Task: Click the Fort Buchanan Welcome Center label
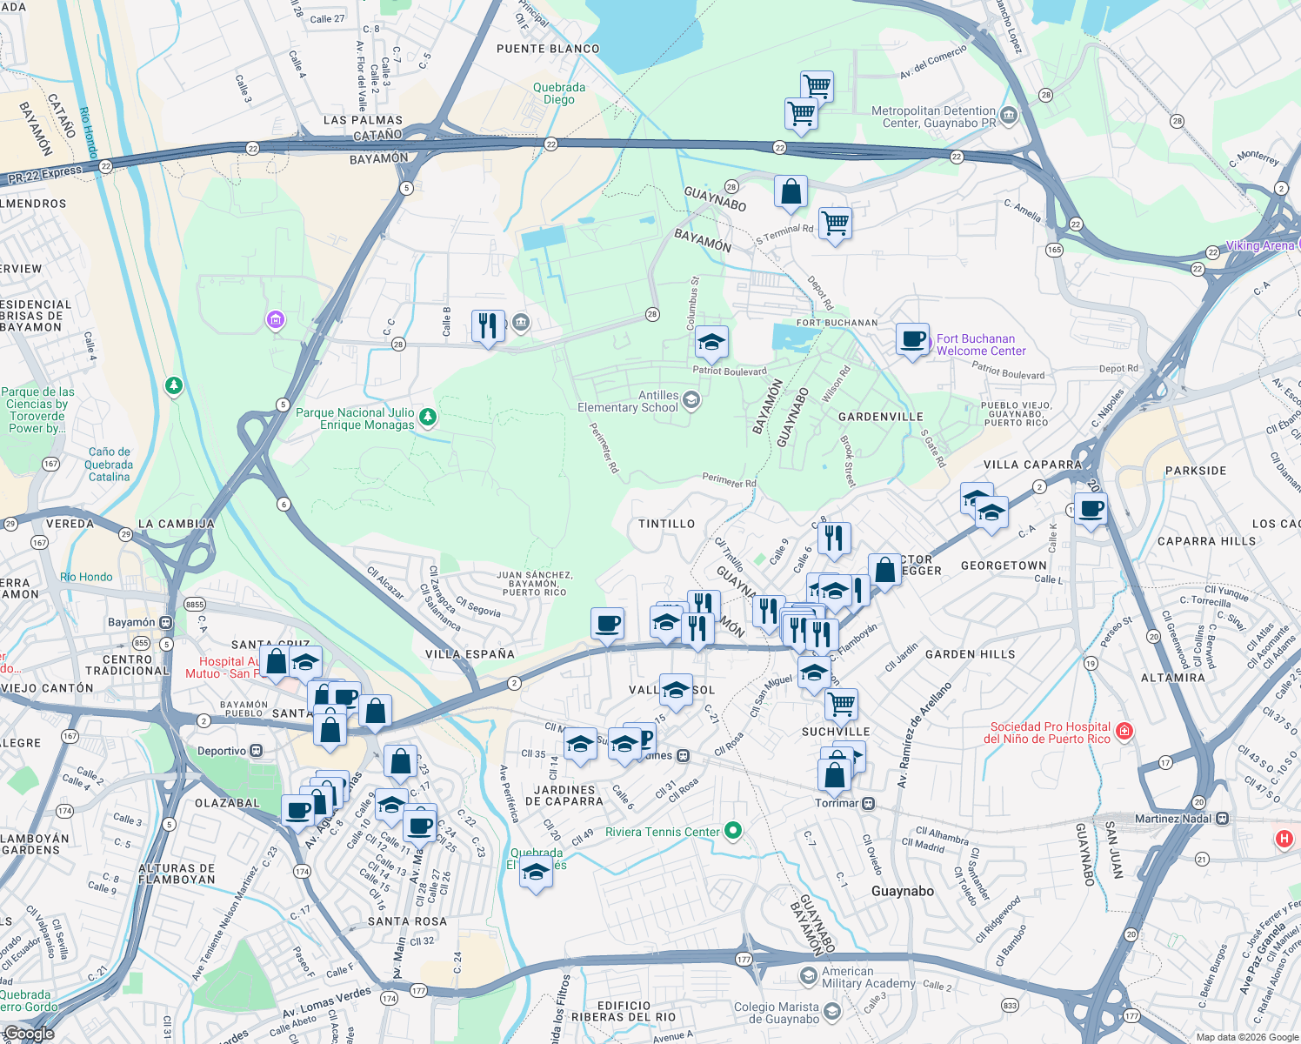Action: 980,345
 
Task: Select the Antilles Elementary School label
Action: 627,401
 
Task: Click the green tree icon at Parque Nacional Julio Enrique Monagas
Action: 428,418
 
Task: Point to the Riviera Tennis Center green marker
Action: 733,832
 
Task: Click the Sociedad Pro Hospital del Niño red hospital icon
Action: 1124,731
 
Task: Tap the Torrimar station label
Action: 836,803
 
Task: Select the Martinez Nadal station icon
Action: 1223,819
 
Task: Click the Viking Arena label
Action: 1260,245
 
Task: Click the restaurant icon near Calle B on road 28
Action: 488,325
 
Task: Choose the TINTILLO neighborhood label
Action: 666,524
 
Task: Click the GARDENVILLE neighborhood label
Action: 880,417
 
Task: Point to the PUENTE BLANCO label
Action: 548,49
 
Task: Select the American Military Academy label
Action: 868,977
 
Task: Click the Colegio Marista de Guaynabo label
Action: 776,1013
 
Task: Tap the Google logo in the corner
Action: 29,1034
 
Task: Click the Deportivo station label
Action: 222,751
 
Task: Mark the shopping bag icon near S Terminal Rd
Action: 791,191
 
